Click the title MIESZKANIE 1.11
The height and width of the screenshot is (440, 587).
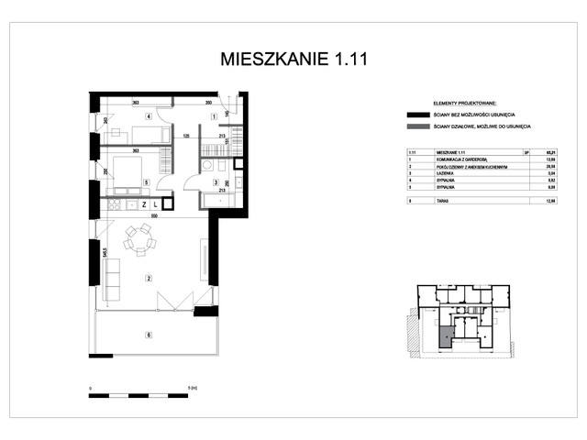(x=293, y=60)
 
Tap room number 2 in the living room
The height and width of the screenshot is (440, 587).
(x=148, y=276)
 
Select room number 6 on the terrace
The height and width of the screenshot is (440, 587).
(x=148, y=335)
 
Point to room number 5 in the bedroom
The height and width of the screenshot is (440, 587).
(x=148, y=182)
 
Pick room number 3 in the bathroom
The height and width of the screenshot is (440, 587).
(x=215, y=182)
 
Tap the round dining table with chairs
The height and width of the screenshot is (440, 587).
(x=141, y=239)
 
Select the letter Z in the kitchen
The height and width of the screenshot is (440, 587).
(x=144, y=204)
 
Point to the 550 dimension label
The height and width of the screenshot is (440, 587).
(x=154, y=215)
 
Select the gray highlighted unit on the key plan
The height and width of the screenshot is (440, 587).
(x=445, y=336)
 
